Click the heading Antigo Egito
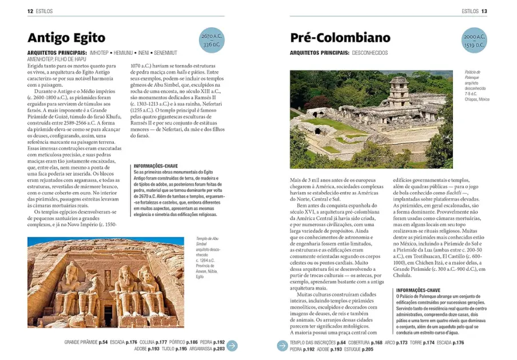point(66,38)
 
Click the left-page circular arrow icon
point(232,345)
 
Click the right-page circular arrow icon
point(282,345)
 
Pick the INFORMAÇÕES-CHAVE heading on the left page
point(155,166)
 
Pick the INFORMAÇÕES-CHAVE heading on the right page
point(418,290)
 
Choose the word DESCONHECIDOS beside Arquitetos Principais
point(370,53)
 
